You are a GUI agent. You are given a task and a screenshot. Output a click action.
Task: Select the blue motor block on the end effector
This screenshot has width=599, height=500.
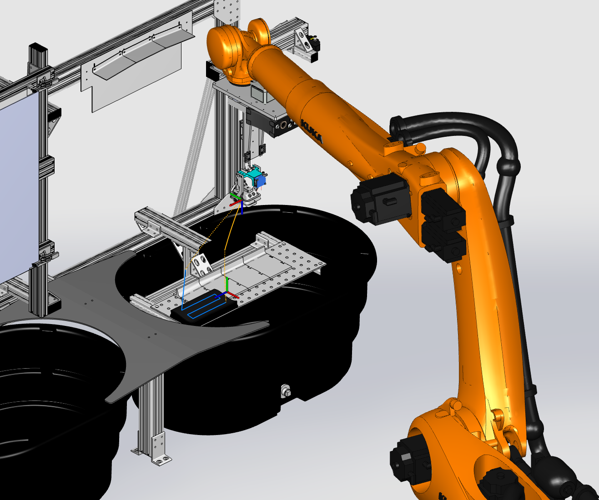(260, 180)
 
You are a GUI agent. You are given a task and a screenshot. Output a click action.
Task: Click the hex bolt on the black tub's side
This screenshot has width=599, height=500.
(286, 391)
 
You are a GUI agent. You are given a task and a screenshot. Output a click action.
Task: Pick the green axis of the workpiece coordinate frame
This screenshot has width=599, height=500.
(227, 285)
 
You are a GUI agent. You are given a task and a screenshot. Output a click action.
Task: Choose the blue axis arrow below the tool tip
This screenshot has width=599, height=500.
(242, 208)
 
